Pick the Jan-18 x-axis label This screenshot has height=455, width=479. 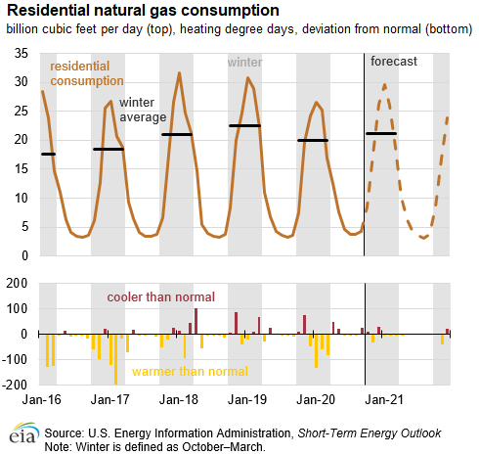178,400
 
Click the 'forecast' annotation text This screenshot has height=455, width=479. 394,62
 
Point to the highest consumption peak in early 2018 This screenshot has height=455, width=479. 179,72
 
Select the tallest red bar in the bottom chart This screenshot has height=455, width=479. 196,321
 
